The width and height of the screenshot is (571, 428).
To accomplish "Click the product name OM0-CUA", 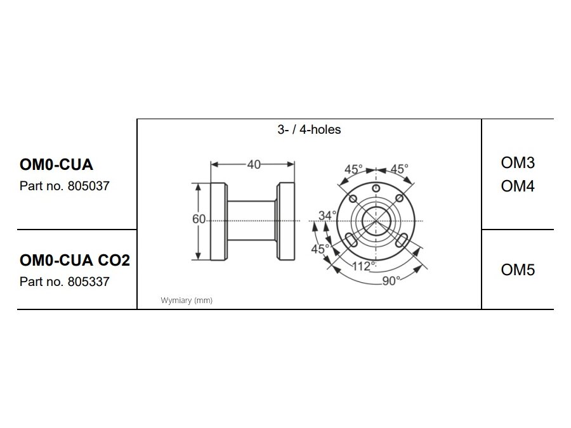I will [x=56, y=165].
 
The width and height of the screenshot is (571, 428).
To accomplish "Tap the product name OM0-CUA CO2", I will [x=75, y=260].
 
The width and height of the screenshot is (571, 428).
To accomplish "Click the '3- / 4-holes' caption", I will [x=309, y=130].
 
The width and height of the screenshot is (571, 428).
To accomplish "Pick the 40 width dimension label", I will [x=253, y=164].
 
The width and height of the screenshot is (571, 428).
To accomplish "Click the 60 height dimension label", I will [x=199, y=219].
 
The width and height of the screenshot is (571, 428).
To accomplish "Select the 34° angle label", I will [x=327, y=216].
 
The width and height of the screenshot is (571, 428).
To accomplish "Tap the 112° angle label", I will [x=365, y=266].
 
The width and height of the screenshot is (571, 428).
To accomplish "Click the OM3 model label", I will [x=518, y=163].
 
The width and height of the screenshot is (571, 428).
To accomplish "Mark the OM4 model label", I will [x=518, y=186].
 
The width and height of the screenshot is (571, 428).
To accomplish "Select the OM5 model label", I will [x=518, y=270].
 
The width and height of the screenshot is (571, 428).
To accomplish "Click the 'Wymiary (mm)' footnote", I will [x=187, y=301].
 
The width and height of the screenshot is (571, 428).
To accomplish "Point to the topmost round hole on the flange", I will [x=376, y=190].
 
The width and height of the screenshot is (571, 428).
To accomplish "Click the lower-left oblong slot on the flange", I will [x=351, y=240].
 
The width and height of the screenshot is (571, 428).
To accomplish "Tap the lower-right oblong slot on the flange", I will [x=402, y=240].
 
